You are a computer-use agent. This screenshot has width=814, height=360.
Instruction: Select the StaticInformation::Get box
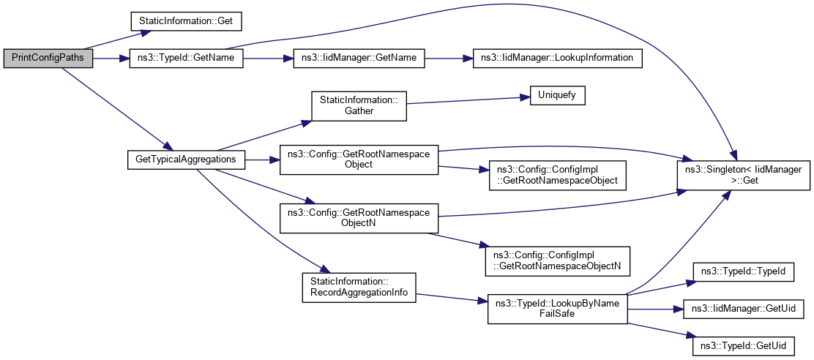(186, 22)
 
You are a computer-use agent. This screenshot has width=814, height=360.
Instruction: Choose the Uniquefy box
(553, 96)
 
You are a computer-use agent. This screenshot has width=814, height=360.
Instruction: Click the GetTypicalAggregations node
(186, 159)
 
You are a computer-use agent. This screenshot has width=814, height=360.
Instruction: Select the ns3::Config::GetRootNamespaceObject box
(359, 159)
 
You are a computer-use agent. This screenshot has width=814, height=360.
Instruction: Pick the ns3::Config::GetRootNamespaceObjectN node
(359, 217)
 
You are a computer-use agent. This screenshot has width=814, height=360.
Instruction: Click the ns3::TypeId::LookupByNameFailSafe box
(557, 307)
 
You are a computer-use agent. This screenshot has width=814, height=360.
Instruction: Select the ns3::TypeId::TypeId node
(742, 271)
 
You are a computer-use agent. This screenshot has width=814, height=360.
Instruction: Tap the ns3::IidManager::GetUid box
(742, 308)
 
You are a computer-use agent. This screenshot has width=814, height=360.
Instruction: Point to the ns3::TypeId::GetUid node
(742, 345)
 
